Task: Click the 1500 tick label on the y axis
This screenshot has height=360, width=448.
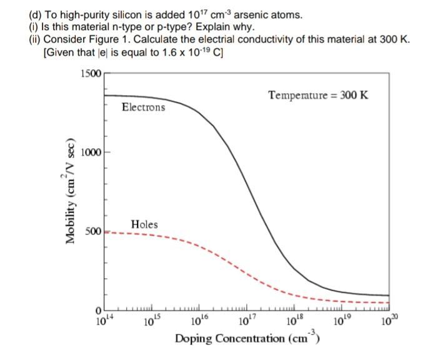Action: [x=91, y=74]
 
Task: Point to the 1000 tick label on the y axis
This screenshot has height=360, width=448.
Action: [x=91, y=152]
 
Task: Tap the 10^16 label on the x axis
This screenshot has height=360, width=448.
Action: [x=198, y=321]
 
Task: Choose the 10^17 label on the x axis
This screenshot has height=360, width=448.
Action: [x=246, y=321]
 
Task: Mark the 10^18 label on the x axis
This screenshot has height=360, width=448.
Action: [x=294, y=321]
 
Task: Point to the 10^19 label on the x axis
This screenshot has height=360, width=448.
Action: [x=341, y=321]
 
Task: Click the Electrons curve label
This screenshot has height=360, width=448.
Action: [x=144, y=107]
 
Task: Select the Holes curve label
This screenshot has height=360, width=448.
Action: [x=144, y=224]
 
